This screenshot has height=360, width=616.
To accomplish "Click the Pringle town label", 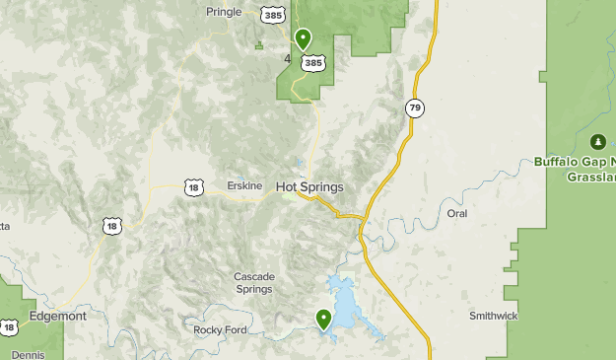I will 224,12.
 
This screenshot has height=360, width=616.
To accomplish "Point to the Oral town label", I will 456,213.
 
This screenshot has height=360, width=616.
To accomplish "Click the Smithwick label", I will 493,316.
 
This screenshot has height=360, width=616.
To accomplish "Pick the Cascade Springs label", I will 254,283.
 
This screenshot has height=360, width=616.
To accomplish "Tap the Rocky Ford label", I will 218,329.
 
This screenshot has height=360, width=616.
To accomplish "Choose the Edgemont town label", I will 57,317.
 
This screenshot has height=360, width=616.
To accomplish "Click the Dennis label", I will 28,354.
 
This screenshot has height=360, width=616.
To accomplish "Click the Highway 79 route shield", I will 416,108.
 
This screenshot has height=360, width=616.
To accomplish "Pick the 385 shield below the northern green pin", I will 313,62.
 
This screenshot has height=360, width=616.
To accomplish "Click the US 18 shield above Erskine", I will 193,185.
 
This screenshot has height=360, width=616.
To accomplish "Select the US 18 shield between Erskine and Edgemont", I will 111,226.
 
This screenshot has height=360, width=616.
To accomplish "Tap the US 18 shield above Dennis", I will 9,326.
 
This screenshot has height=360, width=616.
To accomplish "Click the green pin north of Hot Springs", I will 303,39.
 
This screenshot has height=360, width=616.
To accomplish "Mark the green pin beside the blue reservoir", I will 323,318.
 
